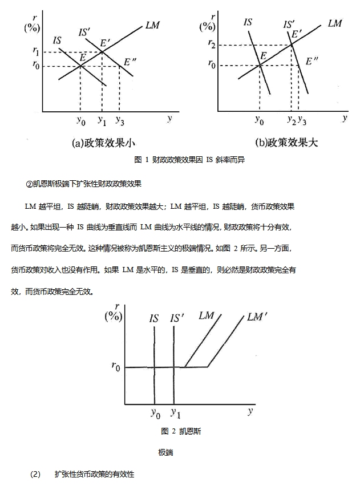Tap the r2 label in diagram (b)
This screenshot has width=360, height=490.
pos(212,44)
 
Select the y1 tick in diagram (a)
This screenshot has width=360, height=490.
pos(102,120)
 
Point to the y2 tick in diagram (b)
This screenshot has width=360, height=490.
pos(291,120)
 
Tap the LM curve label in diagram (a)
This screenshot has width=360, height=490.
pos(152,26)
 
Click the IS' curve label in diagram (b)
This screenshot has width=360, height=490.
pos(289,25)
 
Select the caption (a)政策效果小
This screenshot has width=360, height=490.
pos(103,143)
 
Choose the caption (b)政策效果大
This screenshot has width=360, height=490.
pos(286,143)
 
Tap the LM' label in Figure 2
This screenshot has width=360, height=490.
pos(258,317)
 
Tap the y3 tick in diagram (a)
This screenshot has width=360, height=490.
pos(120,120)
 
